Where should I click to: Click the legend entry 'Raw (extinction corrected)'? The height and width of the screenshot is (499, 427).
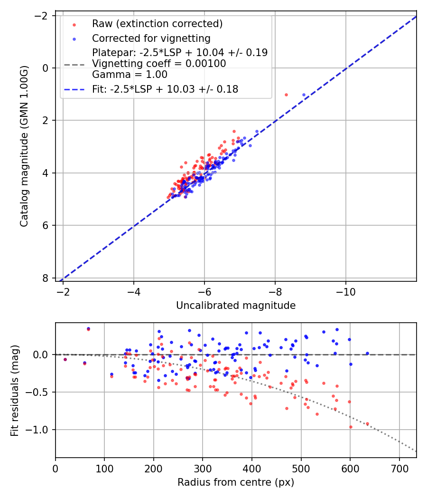tap(157, 24)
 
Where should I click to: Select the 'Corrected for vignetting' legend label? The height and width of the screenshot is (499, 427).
tap(151, 38)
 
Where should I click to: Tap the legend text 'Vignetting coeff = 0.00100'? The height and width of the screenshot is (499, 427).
tap(159, 64)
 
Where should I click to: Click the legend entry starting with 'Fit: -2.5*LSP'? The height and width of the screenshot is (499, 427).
tap(165, 89)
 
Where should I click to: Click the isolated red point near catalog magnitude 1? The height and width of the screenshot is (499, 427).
tap(286, 95)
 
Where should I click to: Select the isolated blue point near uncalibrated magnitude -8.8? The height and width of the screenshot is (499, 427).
tap(304, 95)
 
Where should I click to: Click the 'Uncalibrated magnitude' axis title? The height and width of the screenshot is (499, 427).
tap(236, 306)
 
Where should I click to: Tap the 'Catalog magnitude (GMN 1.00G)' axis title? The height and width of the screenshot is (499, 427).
tap(25, 146)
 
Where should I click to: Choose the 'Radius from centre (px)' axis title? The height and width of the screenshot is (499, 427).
tap(236, 482)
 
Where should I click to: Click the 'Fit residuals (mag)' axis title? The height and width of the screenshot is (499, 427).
tap(15, 390)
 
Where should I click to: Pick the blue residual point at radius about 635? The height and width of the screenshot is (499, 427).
tap(367, 353)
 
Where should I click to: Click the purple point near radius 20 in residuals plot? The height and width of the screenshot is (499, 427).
tap(65, 359)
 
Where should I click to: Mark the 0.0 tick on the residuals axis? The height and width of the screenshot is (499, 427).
tap(43, 355)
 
